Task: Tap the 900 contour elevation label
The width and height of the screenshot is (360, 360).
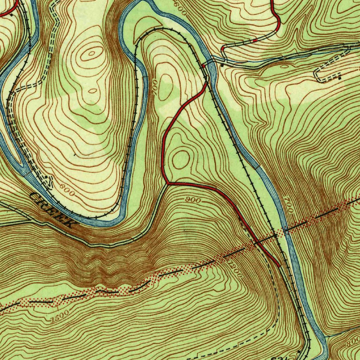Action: [193, 200]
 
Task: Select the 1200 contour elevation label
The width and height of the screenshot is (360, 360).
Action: [235, 269]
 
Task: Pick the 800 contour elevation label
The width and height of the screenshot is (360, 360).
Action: [352, 342]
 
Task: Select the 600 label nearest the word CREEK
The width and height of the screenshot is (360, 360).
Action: [67, 190]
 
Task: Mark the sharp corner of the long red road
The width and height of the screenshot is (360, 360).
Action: [167, 183]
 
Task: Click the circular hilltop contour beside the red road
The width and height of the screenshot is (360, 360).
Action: [181, 159]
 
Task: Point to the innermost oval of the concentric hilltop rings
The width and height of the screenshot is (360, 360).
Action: [92, 54]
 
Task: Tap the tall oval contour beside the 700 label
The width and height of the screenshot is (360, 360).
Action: [166, 86]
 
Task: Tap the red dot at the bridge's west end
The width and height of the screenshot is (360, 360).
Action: [204, 66]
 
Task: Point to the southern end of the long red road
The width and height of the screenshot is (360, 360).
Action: [279, 266]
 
